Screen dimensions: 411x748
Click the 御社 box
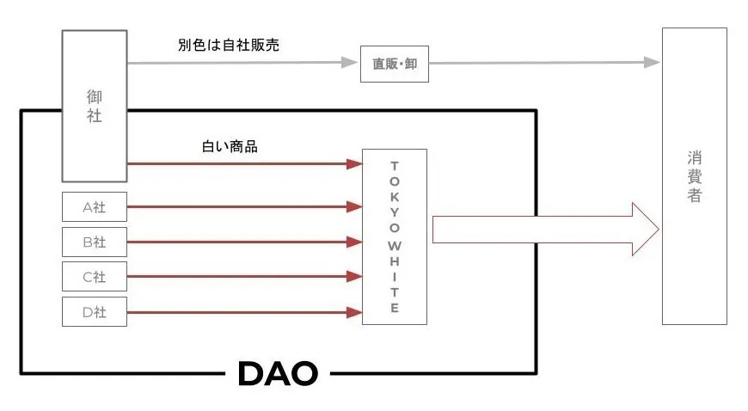95,105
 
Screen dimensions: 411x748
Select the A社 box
95,206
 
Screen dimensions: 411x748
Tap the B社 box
95,242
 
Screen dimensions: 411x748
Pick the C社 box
95,276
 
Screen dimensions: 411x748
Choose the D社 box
95,311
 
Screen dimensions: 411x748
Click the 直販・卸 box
395,64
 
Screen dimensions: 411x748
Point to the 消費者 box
694,176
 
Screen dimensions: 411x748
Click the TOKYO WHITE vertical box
395,236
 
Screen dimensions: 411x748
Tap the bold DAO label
277,373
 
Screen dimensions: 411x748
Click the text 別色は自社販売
226,45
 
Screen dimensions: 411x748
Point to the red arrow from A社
244,206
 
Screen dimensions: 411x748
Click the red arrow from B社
244,242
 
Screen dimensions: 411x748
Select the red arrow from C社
244,276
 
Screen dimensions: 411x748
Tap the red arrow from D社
244,311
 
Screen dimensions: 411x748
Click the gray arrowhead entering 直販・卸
351,62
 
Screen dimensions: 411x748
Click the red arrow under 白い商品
244,163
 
